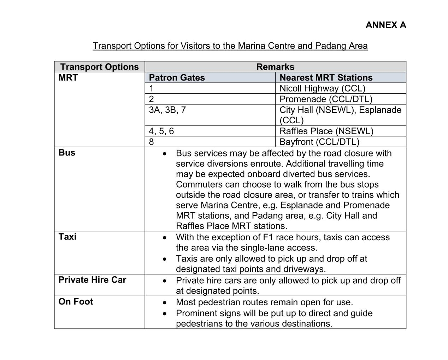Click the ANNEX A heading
pos(386,25)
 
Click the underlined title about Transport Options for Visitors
pos(230,46)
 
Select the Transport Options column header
pos(99,67)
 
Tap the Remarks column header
pos(275,67)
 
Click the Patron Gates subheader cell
pos(177,78)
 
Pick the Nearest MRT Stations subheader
pos(326,78)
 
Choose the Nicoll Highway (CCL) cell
pos(322,88)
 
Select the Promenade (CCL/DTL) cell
pos(326,99)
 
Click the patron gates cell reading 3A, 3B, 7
pos(167,110)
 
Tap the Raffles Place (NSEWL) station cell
pos(326,131)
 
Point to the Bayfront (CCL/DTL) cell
pos(319,142)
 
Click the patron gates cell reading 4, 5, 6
pos(161,131)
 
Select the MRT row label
pos(68,78)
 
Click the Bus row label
pos(67,153)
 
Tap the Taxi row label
pos(67,237)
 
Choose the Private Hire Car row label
pos(92,280)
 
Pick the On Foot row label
pos(76,302)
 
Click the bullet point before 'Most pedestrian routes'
pos(164,303)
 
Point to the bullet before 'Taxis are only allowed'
pos(164,259)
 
